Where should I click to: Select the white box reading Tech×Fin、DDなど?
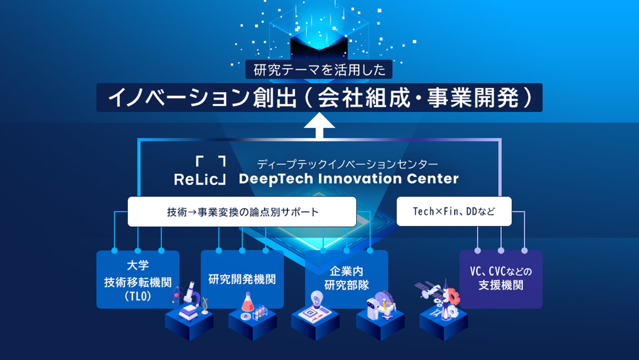coord(454,211)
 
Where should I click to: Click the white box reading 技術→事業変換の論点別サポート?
coord(242,212)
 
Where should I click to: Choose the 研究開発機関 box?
coord(242,279)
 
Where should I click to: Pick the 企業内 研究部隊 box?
coord(346,278)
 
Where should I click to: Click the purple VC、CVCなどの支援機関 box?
coord(501,279)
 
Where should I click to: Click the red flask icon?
coord(248,303)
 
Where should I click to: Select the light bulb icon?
coord(317,298)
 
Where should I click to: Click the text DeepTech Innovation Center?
coord(349,179)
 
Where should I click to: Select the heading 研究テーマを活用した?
coord(319,70)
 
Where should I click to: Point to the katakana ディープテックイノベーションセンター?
coord(347,164)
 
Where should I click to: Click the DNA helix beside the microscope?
coord(205,305)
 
